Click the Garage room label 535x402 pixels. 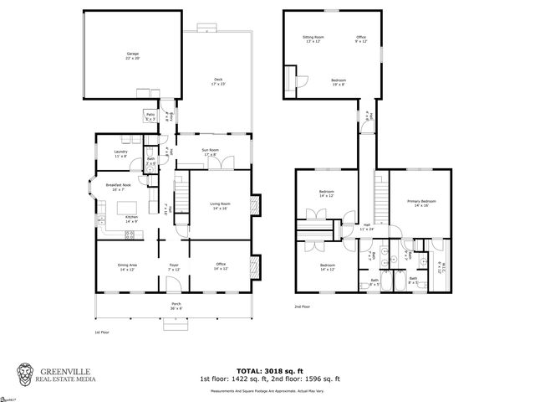point(132,56)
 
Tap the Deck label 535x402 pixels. point(218,81)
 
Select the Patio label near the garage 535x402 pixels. point(150,116)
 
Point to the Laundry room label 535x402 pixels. point(120,154)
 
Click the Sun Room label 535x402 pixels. point(209,152)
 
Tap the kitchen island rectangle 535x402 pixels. point(127,207)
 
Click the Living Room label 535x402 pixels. point(220,206)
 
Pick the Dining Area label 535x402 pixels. point(127,267)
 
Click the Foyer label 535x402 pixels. point(174,267)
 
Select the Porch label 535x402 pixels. point(176,305)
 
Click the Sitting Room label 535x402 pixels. point(313,39)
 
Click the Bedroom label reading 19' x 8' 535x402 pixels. point(338,82)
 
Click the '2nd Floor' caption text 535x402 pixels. point(303,307)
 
